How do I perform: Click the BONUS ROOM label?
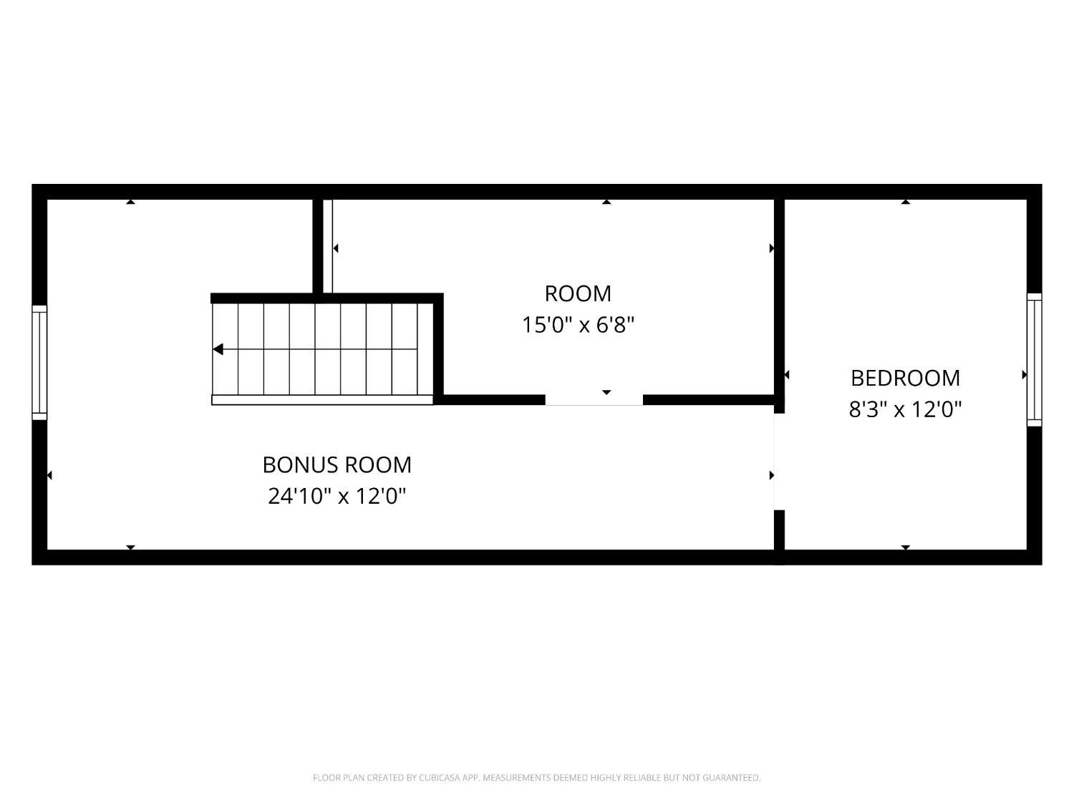click(x=337, y=465)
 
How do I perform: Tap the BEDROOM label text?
click(x=905, y=379)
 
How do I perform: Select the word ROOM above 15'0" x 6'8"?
click(x=578, y=294)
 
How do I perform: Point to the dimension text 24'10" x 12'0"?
click(x=337, y=496)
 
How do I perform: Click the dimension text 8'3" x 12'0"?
click(x=905, y=409)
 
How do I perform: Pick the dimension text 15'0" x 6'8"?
click(x=578, y=325)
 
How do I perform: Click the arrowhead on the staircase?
click(x=218, y=349)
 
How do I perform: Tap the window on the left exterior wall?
click(x=39, y=363)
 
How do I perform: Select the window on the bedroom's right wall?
click(x=1034, y=360)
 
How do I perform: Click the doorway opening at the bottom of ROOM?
click(x=594, y=400)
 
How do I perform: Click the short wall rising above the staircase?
click(x=318, y=246)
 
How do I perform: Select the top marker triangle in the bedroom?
click(x=906, y=201)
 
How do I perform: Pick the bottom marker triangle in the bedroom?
click(x=906, y=547)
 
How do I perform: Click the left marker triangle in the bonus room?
click(x=49, y=475)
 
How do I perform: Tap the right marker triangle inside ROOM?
click(x=772, y=248)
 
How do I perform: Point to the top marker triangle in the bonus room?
click(x=130, y=201)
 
